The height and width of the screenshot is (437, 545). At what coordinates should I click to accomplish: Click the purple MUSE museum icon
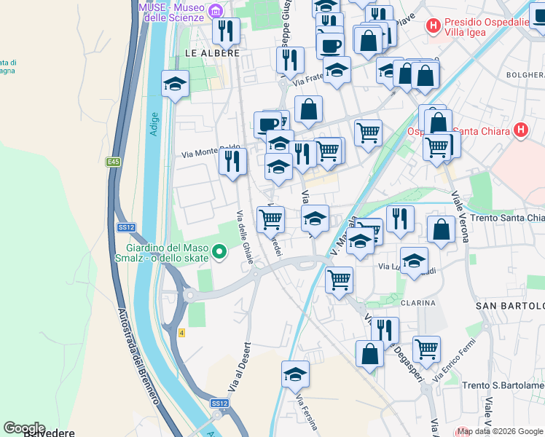coord(215,11)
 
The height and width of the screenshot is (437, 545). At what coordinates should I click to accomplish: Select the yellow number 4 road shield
coord(181,333)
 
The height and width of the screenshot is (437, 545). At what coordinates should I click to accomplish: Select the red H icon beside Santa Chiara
coord(520,131)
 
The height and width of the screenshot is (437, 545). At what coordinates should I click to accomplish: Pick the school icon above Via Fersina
coord(295,374)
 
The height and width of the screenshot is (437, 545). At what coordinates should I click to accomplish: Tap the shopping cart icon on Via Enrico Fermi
coord(426,348)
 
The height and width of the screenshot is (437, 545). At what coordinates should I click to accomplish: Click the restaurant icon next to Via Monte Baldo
coord(232,160)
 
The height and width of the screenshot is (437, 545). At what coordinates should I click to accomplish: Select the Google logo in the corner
coord(24,428)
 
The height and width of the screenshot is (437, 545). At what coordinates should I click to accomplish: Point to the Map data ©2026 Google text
coord(500,431)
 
